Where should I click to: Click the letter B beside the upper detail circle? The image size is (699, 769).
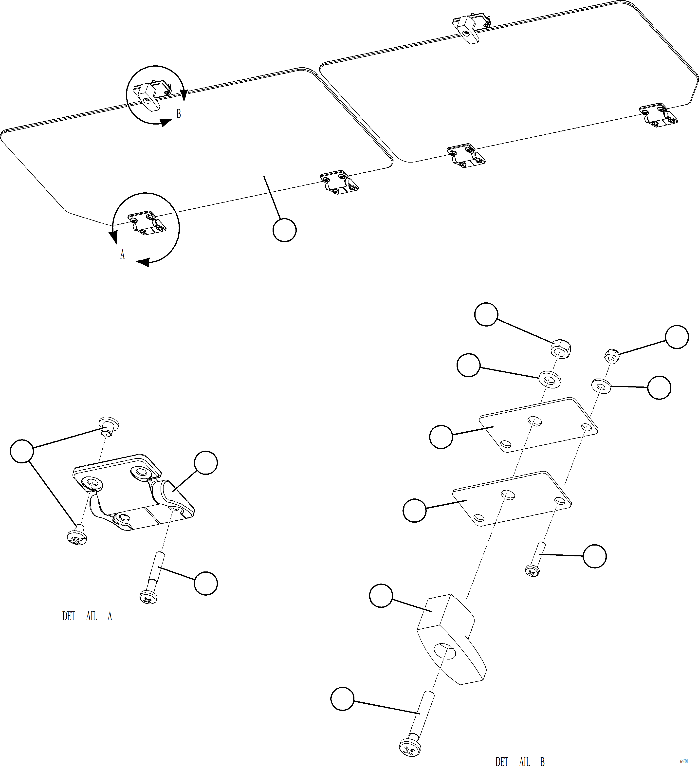[x=178, y=114]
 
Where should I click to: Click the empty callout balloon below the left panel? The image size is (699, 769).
[x=284, y=230]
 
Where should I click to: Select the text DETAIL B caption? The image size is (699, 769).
[x=520, y=762]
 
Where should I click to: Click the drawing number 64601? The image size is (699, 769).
[x=684, y=761]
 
